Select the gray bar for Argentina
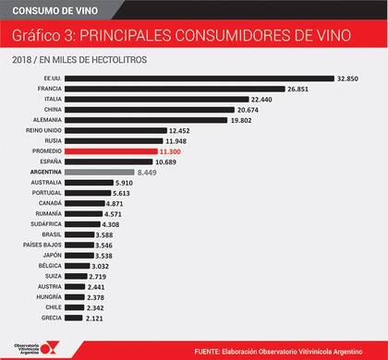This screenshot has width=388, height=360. click(x=102, y=172)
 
